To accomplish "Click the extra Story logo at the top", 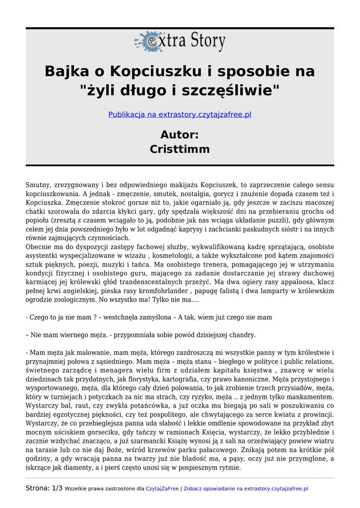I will coord(180,42).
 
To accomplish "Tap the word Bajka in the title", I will coord(63,71).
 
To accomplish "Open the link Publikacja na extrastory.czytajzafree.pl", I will coord(180,115).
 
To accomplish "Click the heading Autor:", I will coord(180,134).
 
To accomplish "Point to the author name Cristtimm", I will coord(180,149).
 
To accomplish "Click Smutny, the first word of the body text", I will coord(38,185).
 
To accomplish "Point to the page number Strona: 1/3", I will coord(44,488).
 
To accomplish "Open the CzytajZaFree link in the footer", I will coord(162,489).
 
